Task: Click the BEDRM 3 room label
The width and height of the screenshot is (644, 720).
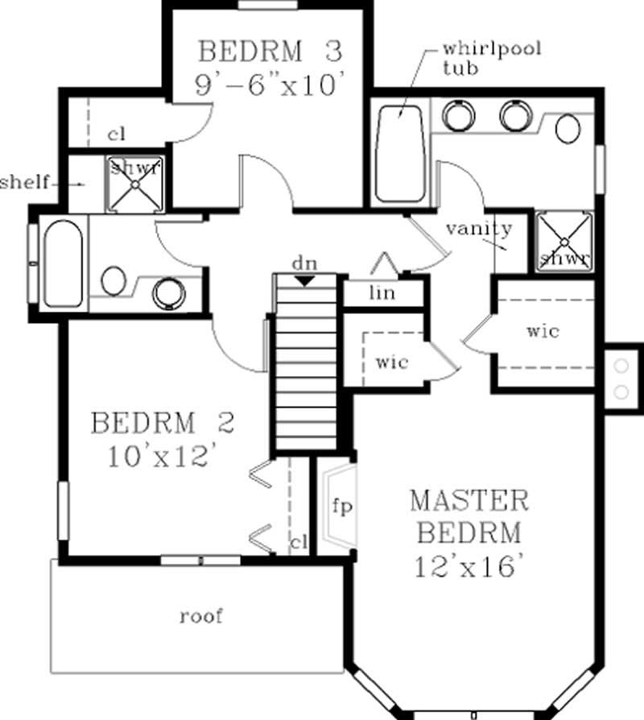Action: [270, 52]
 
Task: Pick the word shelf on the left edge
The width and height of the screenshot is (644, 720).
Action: [24, 182]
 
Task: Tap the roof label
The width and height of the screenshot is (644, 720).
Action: [200, 617]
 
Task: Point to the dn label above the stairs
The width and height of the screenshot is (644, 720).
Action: [303, 263]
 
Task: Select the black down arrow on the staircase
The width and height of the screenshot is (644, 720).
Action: [304, 280]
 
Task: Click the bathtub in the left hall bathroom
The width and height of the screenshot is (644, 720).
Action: [63, 263]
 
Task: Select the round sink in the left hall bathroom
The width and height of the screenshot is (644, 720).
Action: [168, 293]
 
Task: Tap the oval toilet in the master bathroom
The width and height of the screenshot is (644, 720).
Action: [568, 128]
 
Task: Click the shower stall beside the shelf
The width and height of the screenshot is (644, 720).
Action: [135, 184]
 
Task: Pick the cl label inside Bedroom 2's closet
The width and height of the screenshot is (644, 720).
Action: [299, 544]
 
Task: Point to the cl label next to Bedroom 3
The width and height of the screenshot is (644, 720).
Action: [115, 134]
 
